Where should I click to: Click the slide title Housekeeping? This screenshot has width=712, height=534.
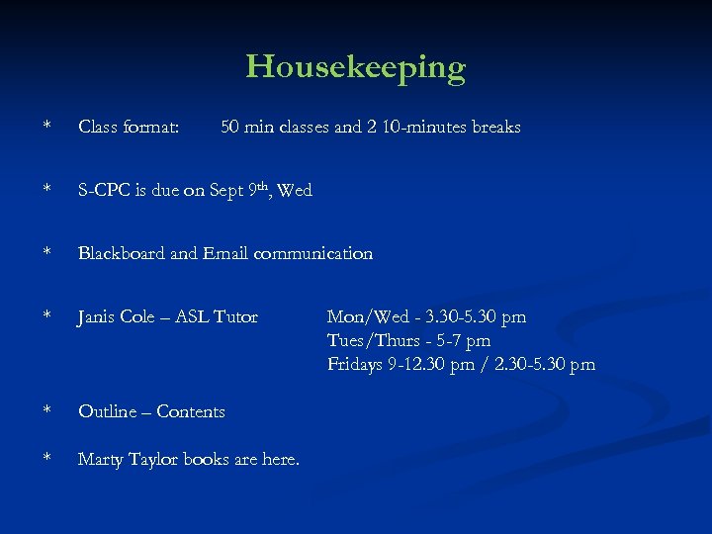click(355, 67)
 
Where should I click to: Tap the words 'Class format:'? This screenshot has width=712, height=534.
click(129, 128)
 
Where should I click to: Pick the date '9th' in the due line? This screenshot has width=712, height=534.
click(259, 188)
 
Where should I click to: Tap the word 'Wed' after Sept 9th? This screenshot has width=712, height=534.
click(295, 191)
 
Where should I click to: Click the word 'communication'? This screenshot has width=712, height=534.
click(313, 254)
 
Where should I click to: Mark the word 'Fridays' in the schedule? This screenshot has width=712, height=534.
click(356, 365)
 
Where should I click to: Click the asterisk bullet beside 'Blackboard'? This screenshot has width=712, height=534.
click(46, 254)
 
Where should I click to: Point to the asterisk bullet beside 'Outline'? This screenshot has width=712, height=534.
click(46, 412)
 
